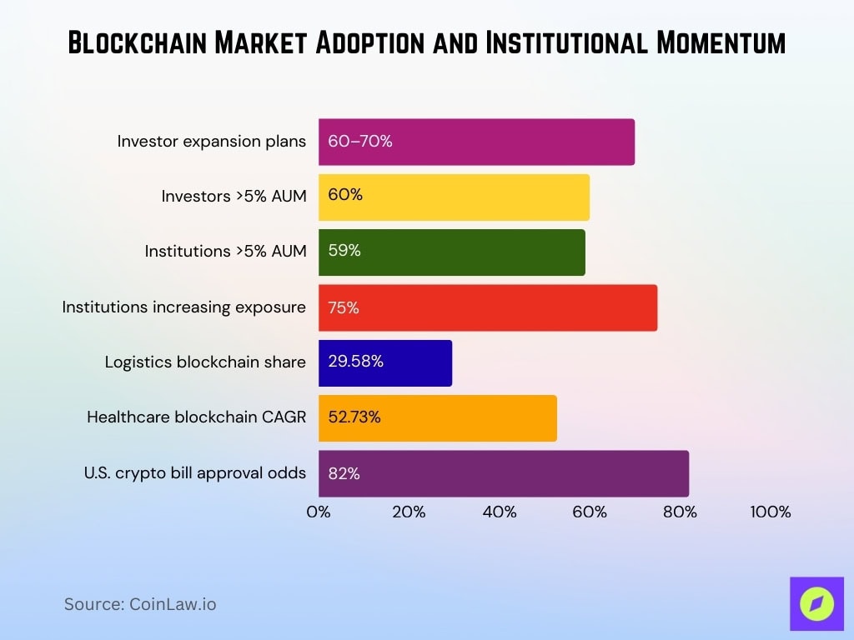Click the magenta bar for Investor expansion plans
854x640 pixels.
click(476, 142)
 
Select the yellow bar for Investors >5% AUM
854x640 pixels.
click(454, 197)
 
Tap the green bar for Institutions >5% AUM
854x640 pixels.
click(451, 252)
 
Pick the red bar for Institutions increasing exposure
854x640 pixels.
click(487, 307)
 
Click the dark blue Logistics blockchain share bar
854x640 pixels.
click(384, 362)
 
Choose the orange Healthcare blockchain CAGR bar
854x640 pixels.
click(437, 417)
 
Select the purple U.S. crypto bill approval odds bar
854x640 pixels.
click(503, 473)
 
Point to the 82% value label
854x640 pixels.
click(344, 473)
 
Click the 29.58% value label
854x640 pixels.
click(355, 362)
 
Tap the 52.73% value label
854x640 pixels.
click(354, 417)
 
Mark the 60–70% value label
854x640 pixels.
click(360, 142)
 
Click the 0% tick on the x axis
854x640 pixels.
click(319, 512)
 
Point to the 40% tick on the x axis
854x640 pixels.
click(500, 512)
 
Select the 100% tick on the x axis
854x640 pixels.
click(770, 512)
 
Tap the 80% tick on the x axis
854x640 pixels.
click(680, 512)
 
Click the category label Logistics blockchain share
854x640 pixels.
click(205, 362)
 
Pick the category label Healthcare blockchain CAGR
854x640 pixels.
click(196, 417)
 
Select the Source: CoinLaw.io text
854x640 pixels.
click(140, 604)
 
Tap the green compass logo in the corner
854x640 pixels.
click(816, 604)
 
